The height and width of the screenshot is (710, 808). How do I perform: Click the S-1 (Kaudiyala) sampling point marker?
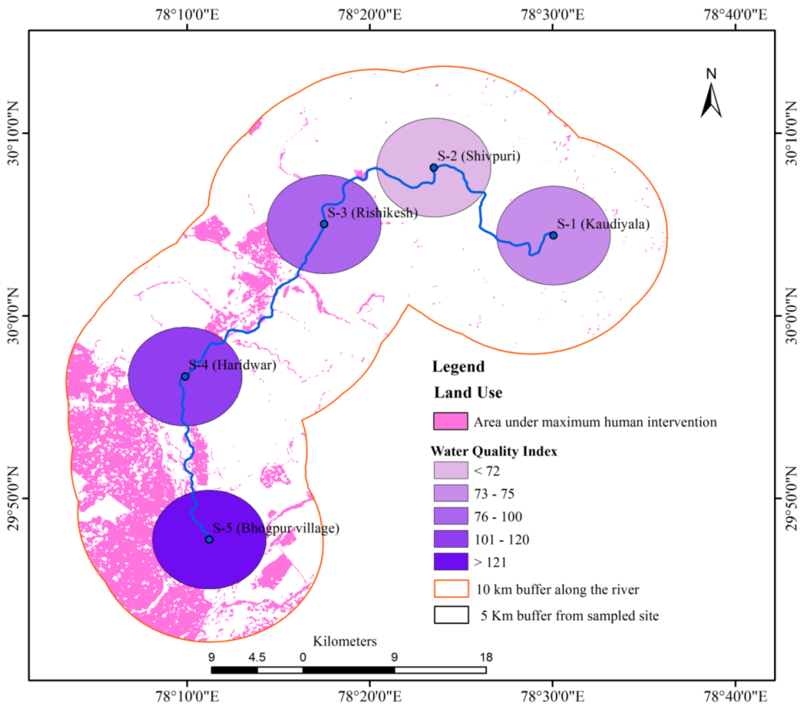(553, 235)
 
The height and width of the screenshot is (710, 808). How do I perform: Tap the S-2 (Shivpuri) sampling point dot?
(434, 168)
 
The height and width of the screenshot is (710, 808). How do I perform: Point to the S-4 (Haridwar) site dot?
(185, 376)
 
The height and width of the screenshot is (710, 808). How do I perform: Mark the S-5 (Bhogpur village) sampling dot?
(209, 540)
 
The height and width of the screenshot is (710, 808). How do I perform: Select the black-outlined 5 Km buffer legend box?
(451, 615)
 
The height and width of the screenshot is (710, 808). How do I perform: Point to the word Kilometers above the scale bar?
(345, 641)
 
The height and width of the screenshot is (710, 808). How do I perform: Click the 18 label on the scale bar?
(486, 657)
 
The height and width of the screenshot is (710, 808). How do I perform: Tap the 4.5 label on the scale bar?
(257, 657)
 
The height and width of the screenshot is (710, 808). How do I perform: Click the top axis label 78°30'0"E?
(552, 15)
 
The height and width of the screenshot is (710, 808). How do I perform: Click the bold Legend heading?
(458, 367)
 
